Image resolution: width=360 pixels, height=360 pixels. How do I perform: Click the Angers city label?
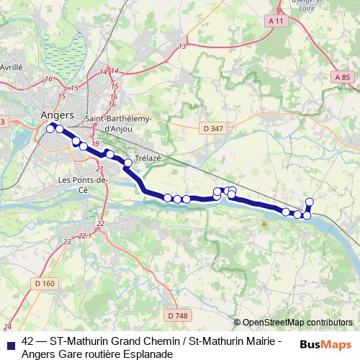58,114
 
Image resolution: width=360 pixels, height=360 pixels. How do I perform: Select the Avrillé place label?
11,66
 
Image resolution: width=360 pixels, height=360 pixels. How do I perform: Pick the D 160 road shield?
43,283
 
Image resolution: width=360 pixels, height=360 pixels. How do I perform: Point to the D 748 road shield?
175,315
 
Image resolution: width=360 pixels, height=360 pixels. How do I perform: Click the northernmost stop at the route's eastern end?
310,202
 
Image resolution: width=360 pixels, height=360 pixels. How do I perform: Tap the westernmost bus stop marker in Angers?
50,128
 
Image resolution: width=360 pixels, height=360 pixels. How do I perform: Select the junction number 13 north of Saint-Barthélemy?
182,46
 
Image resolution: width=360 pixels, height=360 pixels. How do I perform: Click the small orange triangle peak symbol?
264,223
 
